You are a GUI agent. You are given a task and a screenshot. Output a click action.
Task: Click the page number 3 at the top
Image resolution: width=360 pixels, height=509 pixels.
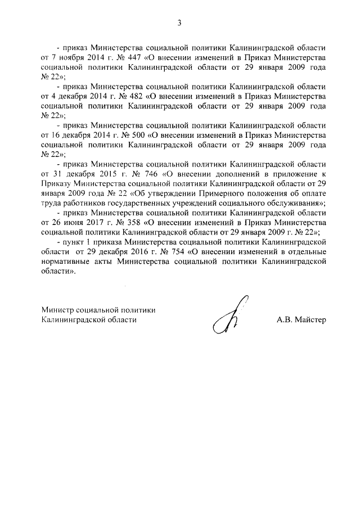click(x=179, y=23)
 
